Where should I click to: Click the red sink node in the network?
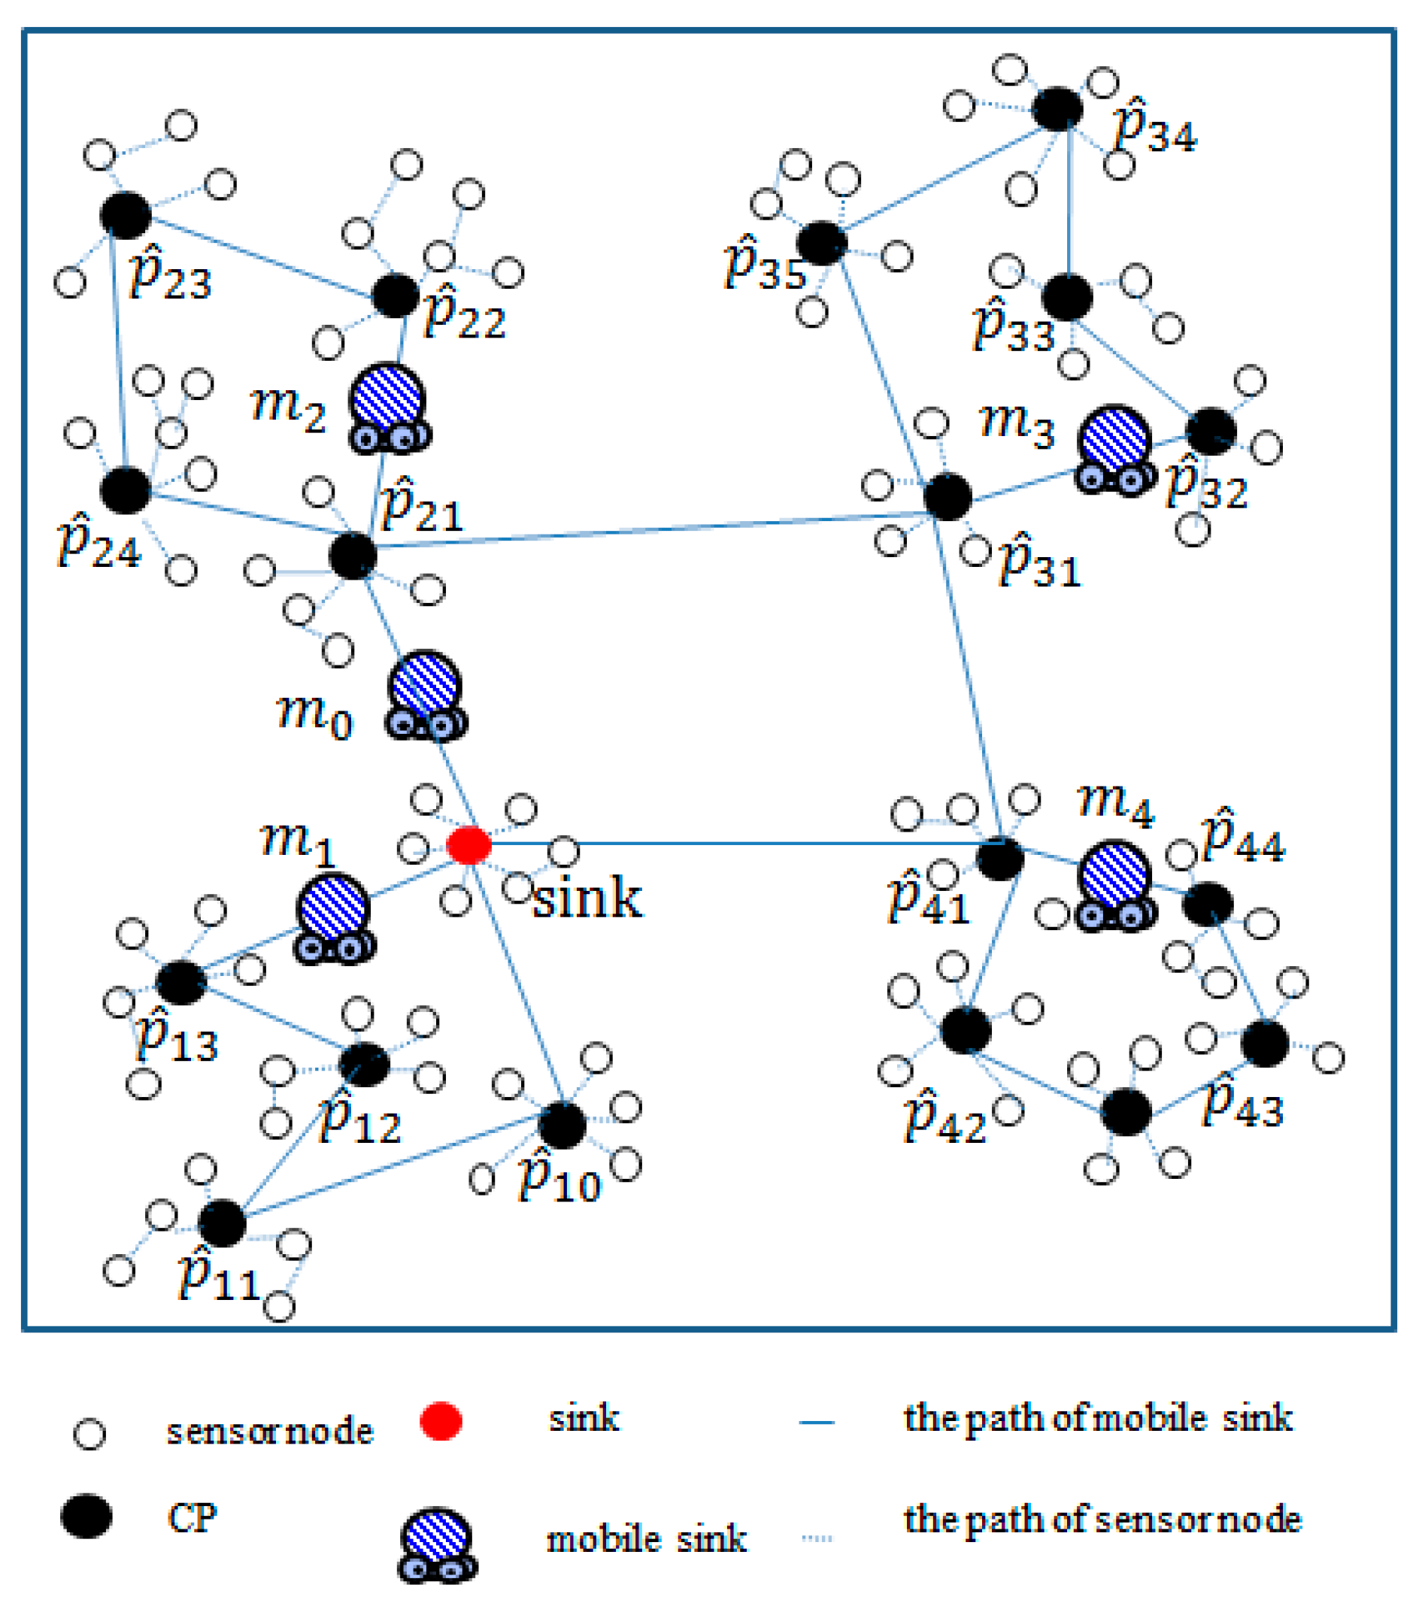coord(469,845)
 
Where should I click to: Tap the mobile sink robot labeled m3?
coord(1115,450)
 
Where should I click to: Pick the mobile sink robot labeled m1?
coord(335,919)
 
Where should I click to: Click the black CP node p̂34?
coord(1058,109)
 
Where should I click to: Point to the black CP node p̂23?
coord(126,214)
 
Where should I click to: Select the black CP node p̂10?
coord(562,1125)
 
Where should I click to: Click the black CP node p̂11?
coord(223,1223)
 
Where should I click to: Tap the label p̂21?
coord(422,508)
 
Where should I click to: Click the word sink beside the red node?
coord(587,898)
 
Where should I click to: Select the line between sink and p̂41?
coord(736,844)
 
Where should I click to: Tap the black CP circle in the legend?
coord(86,1517)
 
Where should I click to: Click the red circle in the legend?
coord(441,1421)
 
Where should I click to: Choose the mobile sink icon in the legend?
coord(438,1543)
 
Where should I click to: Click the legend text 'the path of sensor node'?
coord(1102,1520)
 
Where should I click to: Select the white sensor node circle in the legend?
coord(89,1433)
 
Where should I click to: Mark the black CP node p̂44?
coord(1208,903)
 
